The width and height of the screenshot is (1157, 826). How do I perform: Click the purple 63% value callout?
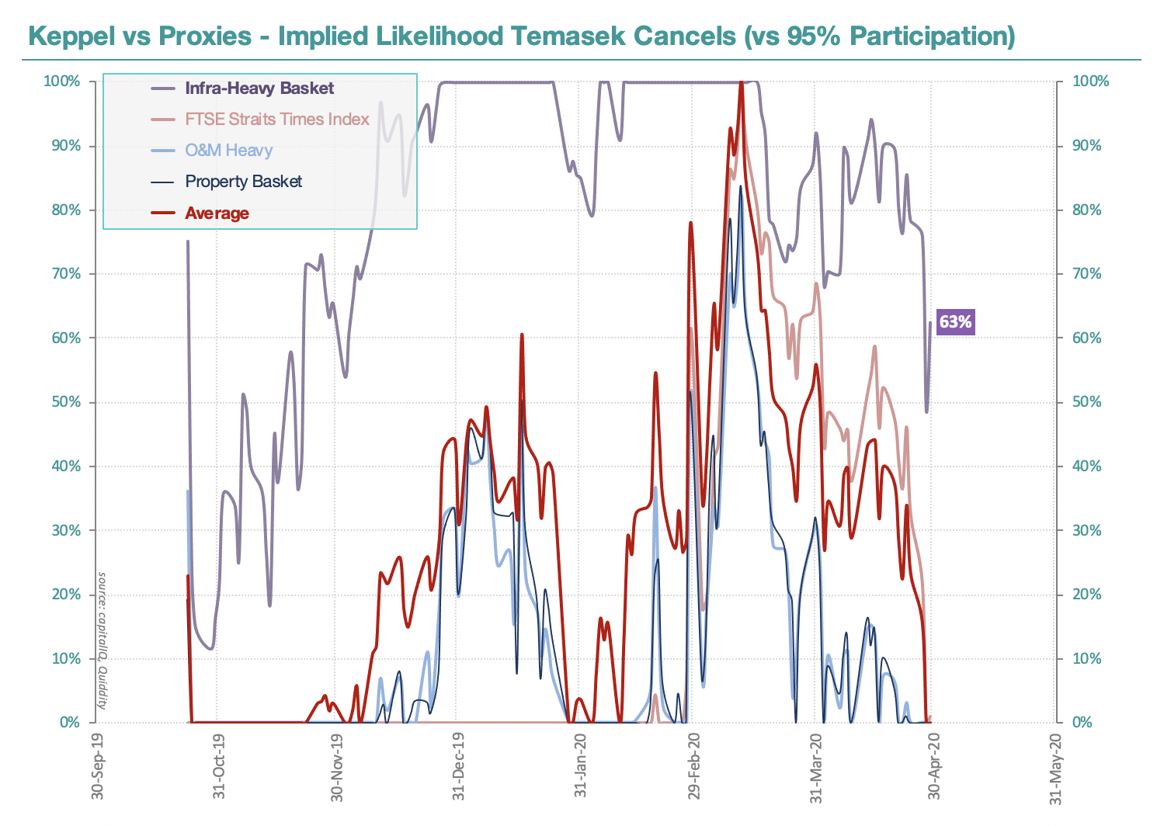[x=955, y=321]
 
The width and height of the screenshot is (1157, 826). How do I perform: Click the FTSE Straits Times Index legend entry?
[x=276, y=120]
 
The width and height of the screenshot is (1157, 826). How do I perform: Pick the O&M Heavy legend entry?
[x=228, y=151]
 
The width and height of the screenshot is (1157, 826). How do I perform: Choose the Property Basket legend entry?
[x=243, y=182]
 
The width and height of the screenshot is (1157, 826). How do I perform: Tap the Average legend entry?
[x=217, y=213]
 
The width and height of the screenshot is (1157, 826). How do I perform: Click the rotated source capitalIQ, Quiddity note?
[x=102, y=640]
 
